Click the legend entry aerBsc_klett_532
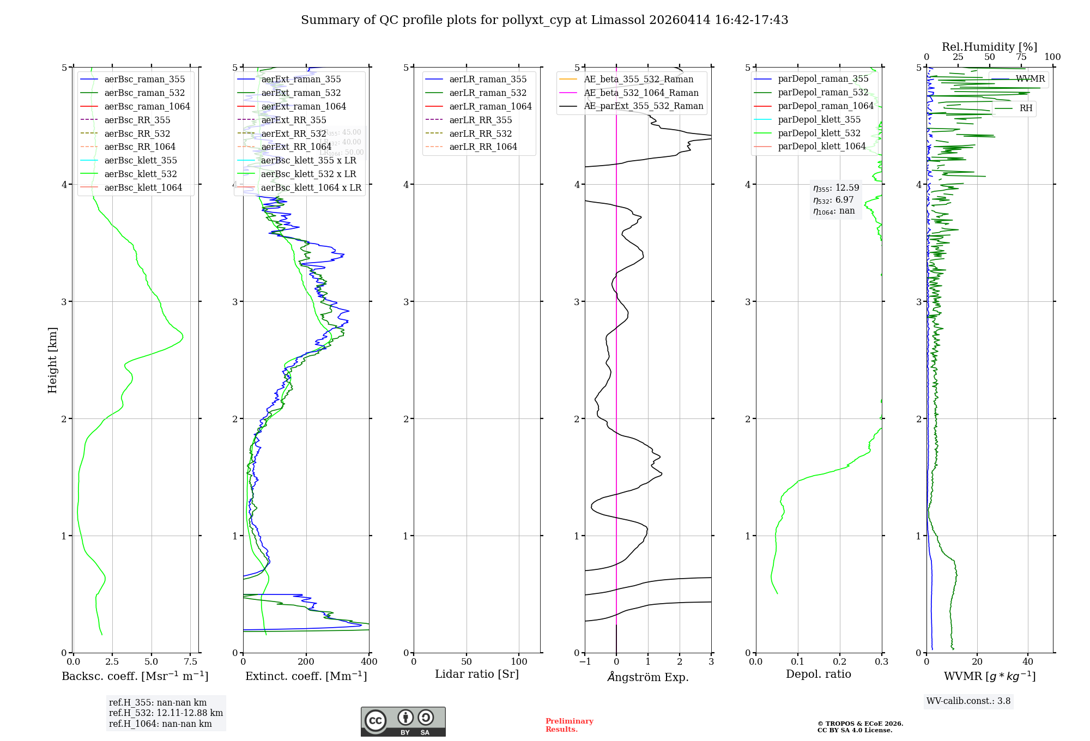(141, 174)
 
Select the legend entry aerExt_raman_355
(301, 79)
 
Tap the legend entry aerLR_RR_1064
(483, 147)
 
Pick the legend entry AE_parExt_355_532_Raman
(643, 106)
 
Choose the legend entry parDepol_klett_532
(819, 133)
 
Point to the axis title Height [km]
(52, 360)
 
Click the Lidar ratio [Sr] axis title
(477, 674)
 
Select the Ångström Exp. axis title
(648, 677)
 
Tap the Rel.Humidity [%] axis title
(989, 47)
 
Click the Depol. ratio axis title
(818, 674)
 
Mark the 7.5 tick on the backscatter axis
(191, 662)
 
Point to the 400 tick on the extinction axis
(369, 662)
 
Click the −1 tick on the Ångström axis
(585, 662)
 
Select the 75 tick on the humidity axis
(1021, 57)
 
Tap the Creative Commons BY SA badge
(403, 722)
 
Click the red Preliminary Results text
(569, 725)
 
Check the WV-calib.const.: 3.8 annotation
(968, 701)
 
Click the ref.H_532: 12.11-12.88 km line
(166, 713)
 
